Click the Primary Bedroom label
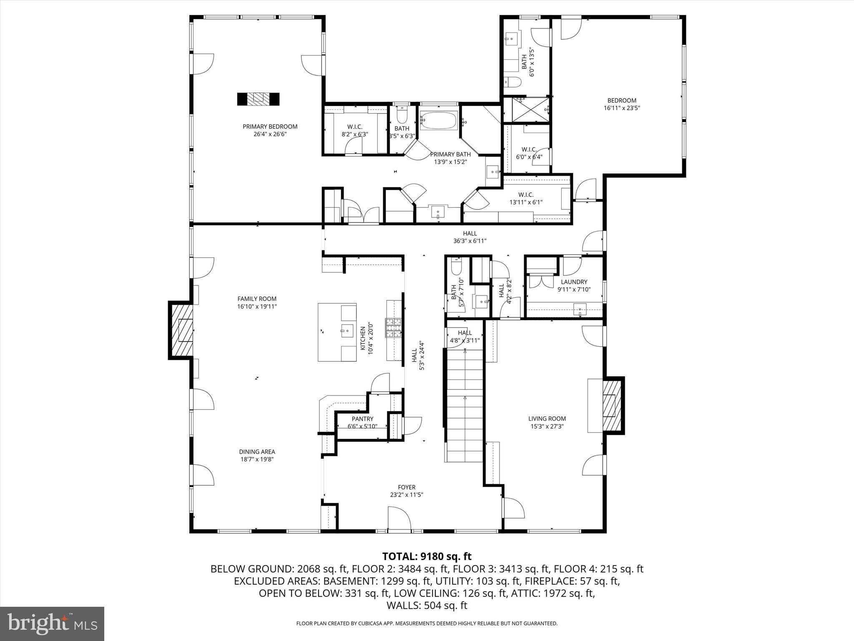click(x=270, y=126)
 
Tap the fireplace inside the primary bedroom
click(x=258, y=99)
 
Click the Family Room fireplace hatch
click(x=181, y=331)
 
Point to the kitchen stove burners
click(x=393, y=328)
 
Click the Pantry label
click(x=362, y=419)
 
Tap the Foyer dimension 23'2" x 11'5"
click(x=406, y=495)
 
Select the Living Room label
click(x=547, y=419)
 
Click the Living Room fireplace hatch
click(x=611, y=405)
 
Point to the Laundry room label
click(x=574, y=282)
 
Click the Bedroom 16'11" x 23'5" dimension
click(x=621, y=108)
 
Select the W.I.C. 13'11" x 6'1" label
click(x=525, y=202)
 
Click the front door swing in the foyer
click(x=399, y=518)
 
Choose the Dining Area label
click(x=257, y=452)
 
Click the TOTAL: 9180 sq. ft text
click(x=427, y=556)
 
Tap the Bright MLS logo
click(x=52, y=623)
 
